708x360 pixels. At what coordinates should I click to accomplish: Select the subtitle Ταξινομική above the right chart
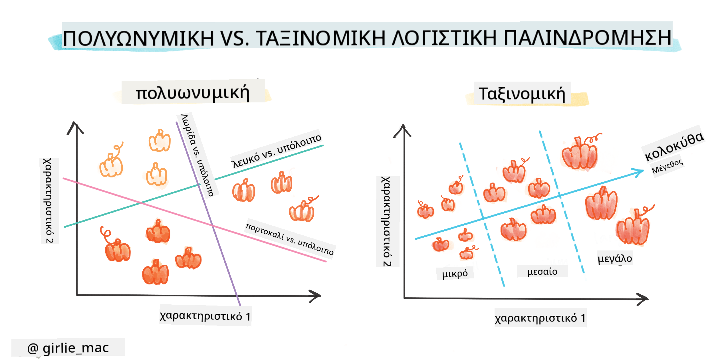[x=522, y=94]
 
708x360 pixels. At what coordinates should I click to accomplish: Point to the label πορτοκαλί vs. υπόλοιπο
[x=290, y=239]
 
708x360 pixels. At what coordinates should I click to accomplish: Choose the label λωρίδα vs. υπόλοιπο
[x=197, y=155]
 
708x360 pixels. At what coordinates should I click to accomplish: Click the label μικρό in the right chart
[x=455, y=274]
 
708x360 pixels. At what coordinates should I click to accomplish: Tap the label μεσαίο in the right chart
[x=542, y=271]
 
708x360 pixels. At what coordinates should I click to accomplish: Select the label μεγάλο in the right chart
[x=615, y=258]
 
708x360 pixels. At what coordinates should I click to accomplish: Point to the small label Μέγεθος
[x=667, y=166]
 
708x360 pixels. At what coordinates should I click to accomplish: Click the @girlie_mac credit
[x=68, y=348]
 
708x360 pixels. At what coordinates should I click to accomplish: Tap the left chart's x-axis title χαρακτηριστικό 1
[x=205, y=316]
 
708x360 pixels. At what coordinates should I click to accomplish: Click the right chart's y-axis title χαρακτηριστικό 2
[x=387, y=221]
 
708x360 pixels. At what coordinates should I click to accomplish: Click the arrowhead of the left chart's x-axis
[x=316, y=296]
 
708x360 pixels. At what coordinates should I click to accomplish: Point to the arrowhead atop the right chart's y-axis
[x=403, y=131]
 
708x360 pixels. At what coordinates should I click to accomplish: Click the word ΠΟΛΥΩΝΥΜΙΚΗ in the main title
[x=138, y=38]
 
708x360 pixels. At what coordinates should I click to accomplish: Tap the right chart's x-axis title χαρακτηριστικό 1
[x=540, y=318]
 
